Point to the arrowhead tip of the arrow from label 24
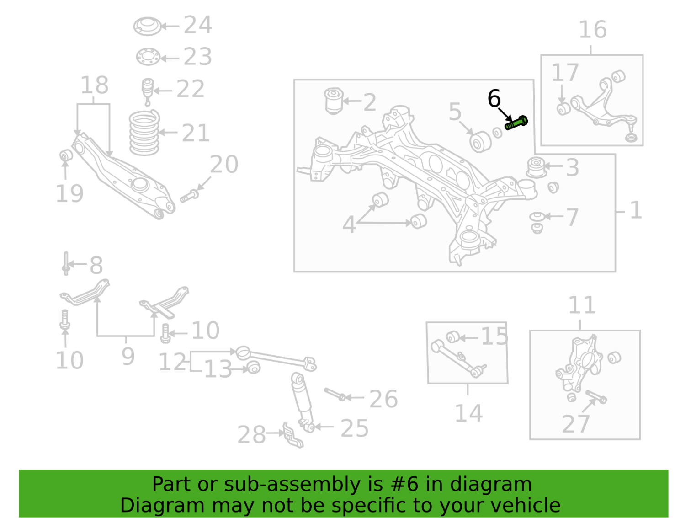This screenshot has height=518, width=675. (x=161, y=26)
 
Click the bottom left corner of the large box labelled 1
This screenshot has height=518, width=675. (x=294, y=272)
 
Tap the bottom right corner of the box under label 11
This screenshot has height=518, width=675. (x=641, y=440)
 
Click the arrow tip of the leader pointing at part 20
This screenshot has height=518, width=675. (x=197, y=190)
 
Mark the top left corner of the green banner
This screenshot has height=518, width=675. (x=19, y=470)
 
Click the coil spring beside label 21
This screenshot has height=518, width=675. (x=144, y=133)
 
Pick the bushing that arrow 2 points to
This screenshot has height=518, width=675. (x=334, y=101)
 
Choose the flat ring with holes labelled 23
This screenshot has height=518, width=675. (x=148, y=57)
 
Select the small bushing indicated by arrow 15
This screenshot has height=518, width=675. (x=453, y=337)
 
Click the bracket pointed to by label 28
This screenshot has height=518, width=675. (x=292, y=436)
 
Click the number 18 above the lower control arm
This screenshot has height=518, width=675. (x=95, y=85)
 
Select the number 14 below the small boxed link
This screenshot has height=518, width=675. (x=468, y=413)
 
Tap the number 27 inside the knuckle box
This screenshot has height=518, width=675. (x=575, y=424)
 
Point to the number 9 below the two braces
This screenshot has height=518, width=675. (x=128, y=357)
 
